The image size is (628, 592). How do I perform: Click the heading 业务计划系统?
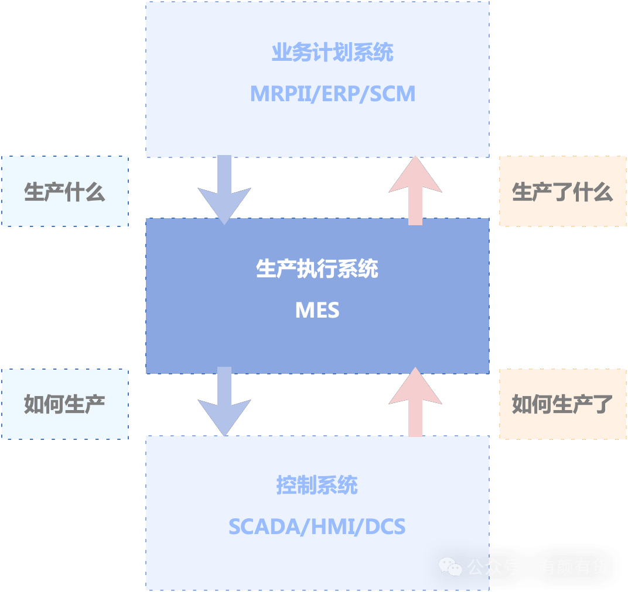332,53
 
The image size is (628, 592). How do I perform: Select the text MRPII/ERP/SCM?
332,94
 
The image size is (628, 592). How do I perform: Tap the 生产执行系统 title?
317,269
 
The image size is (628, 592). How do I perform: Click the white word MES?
317,310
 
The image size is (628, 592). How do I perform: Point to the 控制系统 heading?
317,486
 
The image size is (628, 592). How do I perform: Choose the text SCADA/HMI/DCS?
317,526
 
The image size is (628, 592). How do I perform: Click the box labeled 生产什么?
64,192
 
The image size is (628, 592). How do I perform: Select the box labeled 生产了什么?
562,192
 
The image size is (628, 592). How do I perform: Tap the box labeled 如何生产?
64,404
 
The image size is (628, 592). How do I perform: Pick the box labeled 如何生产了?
562,404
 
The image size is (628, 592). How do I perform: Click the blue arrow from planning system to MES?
224,190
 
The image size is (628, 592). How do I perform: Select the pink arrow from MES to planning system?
415,190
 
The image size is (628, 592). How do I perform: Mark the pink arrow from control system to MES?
415,402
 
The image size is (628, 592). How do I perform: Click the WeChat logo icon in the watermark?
450,566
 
